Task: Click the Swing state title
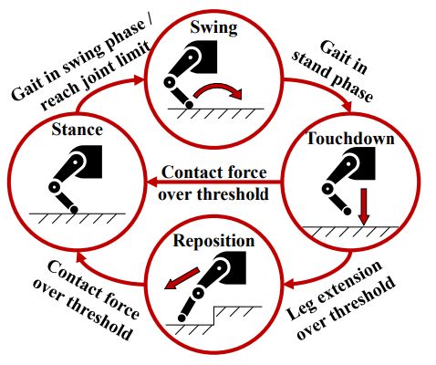(213, 27)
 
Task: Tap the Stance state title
(77, 130)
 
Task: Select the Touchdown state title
(350, 138)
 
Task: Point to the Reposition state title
(213, 241)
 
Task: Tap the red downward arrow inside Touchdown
(363, 207)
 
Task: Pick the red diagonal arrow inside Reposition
(182, 278)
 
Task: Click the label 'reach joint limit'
(96, 76)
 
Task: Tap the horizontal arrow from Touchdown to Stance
(213, 182)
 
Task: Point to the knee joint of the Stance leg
(55, 187)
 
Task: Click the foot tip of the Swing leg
(189, 105)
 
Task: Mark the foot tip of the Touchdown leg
(348, 211)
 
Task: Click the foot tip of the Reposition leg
(182, 318)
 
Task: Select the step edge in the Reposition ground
(214, 316)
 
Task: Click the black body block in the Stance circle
(88, 162)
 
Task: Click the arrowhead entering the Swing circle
(139, 79)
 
